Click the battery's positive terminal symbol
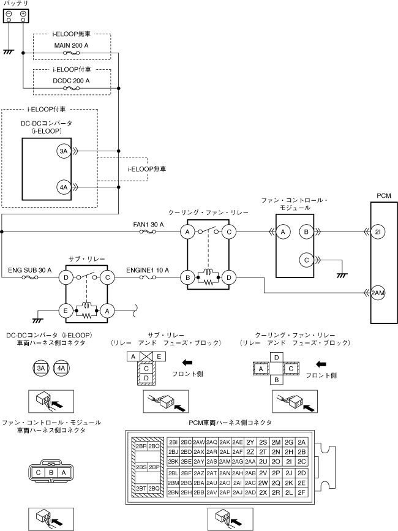[23, 14]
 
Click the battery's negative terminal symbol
[9, 14]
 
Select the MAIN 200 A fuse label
[72, 45]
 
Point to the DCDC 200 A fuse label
[72, 81]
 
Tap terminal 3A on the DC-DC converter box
[64, 151]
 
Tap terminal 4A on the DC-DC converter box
[64, 187]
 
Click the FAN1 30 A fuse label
[148, 225]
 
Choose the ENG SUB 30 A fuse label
[30, 270]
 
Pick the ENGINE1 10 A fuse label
[148, 270]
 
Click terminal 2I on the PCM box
[378, 232]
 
